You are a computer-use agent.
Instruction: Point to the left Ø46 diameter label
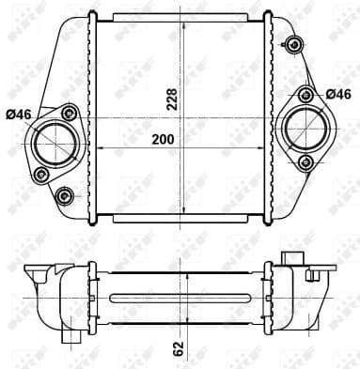[x=18, y=115]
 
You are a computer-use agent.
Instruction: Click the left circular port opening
[x=51, y=143]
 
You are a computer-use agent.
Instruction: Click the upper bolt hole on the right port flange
[x=306, y=94]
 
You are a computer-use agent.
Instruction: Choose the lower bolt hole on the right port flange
[x=305, y=161]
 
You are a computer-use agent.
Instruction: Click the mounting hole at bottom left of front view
[x=64, y=195]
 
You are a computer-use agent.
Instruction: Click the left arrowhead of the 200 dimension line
[x=98, y=146]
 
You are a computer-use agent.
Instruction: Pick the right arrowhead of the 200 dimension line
[x=268, y=146]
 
